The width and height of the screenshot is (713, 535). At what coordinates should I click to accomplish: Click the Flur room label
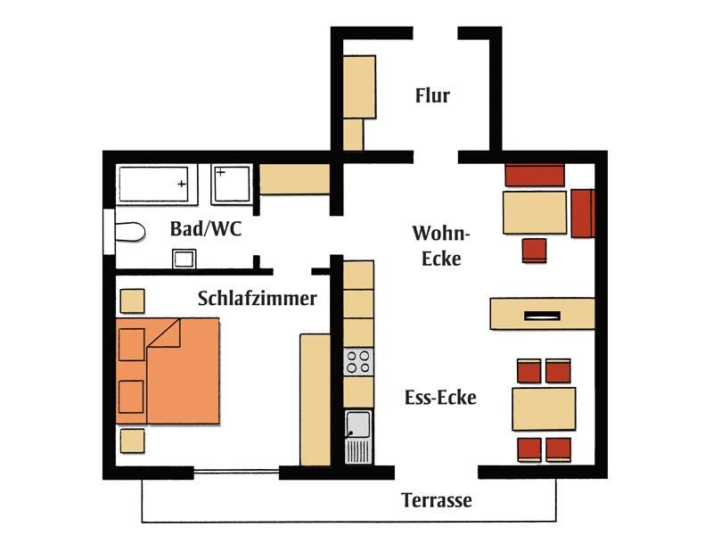(x=432, y=95)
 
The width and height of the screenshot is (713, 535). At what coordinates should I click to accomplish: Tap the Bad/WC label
(x=206, y=228)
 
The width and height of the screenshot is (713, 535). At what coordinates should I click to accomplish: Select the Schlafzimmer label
(x=258, y=299)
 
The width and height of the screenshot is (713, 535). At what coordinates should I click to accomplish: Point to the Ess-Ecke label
(x=440, y=398)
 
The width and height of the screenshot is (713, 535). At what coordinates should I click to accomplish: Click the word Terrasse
(x=437, y=500)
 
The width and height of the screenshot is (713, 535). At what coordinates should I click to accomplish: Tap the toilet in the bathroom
(x=129, y=232)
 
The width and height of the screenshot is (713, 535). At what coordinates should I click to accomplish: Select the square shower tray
(x=232, y=184)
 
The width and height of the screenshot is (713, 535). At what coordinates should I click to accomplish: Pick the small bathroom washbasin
(x=184, y=259)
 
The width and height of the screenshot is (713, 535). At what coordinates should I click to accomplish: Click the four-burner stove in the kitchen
(x=358, y=362)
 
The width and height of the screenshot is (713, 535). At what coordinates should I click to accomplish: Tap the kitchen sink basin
(x=358, y=424)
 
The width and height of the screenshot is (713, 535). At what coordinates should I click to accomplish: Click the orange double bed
(x=168, y=371)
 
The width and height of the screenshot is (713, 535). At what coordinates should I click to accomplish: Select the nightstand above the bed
(x=132, y=301)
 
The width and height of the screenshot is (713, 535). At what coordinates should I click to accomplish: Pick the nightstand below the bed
(x=132, y=440)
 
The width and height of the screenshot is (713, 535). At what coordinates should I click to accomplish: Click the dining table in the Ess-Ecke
(x=544, y=409)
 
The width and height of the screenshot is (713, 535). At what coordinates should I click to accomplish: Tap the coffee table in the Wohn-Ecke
(x=535, y=212)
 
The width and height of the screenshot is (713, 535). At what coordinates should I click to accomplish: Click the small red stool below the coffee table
(x=534, y=251)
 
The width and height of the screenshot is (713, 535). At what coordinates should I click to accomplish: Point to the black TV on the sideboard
(x=542, y=316)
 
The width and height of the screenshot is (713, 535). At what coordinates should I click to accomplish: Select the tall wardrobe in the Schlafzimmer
(x=316, y=399)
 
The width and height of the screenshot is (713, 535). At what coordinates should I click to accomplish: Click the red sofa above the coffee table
(x=535, y=175)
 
